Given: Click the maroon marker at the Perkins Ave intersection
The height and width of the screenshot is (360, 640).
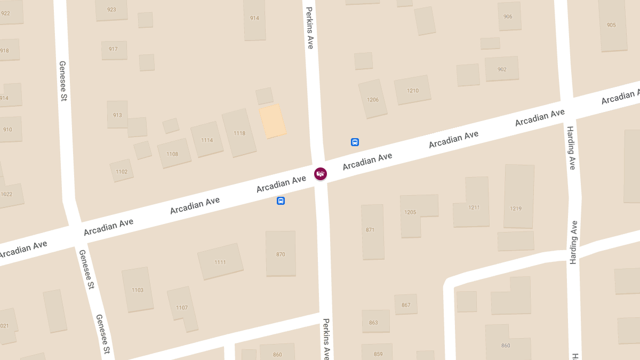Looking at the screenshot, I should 321,173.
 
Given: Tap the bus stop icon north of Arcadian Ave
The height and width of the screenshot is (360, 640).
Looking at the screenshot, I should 355,142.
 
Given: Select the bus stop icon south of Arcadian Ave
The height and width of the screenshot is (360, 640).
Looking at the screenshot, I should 281,201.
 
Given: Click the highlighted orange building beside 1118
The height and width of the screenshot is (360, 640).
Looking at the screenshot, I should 273,121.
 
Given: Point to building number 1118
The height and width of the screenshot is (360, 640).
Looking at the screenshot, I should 239,133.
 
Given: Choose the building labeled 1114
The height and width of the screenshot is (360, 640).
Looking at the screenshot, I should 207,140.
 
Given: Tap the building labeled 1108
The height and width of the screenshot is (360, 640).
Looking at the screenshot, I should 173,154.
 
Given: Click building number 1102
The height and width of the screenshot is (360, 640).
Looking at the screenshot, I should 122,171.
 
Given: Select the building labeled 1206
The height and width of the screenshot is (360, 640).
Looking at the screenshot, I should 372,99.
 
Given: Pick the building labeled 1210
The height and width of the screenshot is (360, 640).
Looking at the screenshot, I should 412,90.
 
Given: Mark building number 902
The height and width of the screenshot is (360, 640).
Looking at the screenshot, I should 501,69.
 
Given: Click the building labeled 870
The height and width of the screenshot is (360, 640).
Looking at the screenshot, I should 281,253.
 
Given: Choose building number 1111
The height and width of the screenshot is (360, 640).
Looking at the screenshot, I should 220,261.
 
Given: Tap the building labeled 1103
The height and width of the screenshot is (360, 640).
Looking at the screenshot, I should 137,290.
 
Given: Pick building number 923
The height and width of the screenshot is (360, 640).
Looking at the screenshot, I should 111,10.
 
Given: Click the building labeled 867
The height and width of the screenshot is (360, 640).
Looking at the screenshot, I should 406,305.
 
